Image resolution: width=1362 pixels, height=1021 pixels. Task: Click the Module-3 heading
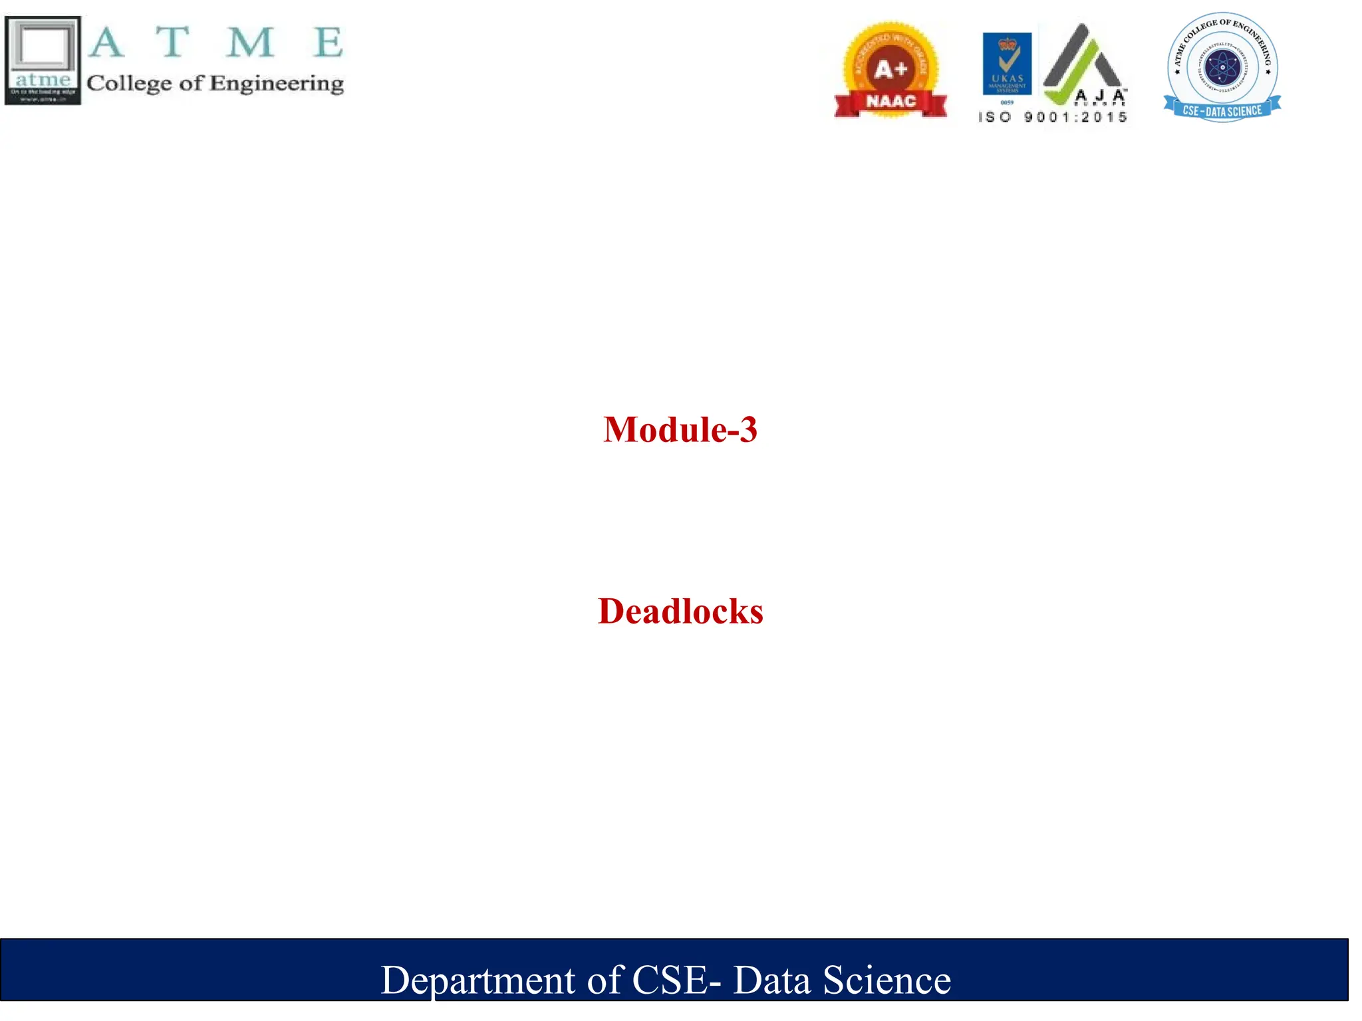680,429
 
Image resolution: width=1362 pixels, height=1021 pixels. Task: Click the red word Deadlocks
680,611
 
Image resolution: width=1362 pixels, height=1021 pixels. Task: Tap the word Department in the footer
477,980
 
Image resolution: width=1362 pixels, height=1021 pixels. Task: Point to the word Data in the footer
771,980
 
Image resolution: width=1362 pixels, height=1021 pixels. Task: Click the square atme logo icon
43,60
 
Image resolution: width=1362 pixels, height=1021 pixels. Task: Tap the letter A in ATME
106,43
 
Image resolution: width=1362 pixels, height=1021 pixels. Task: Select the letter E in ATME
329,43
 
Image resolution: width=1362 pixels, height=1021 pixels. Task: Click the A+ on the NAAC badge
890,69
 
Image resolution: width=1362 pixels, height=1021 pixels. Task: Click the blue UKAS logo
1007,64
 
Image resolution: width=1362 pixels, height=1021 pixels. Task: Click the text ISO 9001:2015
1053,118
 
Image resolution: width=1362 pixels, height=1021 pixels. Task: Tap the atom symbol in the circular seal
1222,67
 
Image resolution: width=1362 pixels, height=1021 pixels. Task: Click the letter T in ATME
173,43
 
